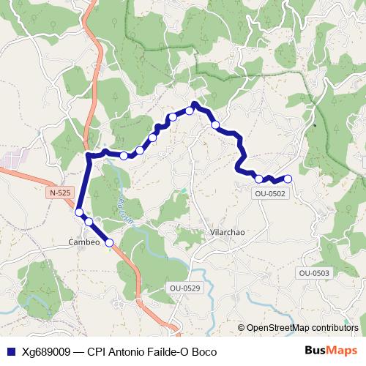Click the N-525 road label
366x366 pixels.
coord(61,193)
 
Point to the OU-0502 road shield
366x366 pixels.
coord(269,194)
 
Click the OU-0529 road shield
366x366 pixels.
coord(184,288)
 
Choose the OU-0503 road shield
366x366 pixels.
coord(314,273)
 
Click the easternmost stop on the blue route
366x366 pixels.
coord(288,179)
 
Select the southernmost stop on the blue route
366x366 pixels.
coord(109,242)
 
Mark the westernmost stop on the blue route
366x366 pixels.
coord(79,212)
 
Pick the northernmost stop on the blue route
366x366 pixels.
coord(190,111)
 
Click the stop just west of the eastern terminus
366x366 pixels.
coord(259,179)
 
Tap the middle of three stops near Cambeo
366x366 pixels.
coord(89,220)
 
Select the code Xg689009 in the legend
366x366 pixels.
coord(48,351)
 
